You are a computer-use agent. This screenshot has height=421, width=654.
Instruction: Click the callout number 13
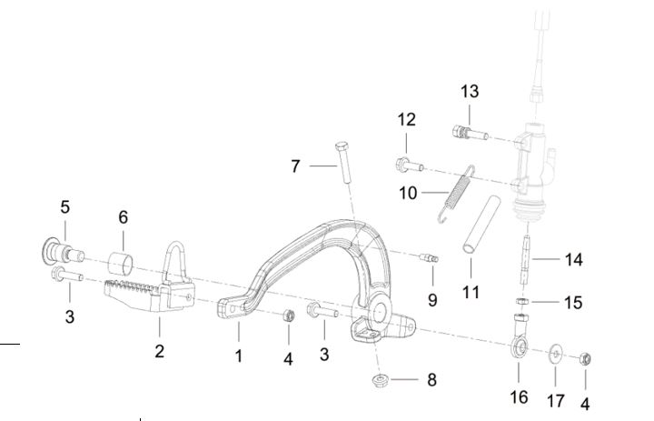[470, 92]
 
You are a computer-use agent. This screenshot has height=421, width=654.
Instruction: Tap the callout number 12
[406, 120]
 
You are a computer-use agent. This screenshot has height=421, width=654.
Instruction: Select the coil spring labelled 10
[456, 194]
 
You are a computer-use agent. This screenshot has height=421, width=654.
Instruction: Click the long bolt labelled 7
[343, 163]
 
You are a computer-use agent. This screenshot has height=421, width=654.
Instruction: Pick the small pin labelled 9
[429, 258]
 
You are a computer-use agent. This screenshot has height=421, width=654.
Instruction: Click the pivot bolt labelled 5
[63, 252]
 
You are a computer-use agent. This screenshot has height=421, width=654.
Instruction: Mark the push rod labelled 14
[526, 260]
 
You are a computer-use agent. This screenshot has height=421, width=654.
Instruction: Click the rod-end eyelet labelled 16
[520, 336]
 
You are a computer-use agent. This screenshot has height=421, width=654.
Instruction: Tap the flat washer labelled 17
[555, 354]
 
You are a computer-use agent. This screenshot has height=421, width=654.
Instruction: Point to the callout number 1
[239, 356]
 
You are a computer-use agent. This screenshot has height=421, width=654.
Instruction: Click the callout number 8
[431, 380]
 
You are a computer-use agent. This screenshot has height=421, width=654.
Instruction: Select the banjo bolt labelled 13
[471, 133]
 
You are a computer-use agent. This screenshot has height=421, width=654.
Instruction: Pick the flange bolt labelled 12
[410, 165]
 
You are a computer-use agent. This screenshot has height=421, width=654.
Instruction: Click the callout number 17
[556, 401]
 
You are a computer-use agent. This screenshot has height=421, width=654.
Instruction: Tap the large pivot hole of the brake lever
[379, 313]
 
